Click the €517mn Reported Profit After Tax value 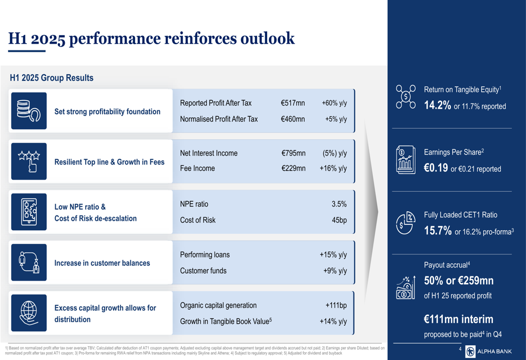[292, 103]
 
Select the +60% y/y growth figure [334, 103]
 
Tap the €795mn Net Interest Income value [293, 153]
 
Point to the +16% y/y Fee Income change [333, 169]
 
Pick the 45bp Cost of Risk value [339, 220]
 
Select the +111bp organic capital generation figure [336, 305]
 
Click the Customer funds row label [203, 271]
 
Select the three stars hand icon [29, 161]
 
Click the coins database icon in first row [29, 111]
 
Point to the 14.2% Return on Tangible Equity [438, 106]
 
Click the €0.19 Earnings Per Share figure [436, 168]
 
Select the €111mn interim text [458, 319]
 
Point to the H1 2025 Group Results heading [52, 78]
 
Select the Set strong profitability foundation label [107, 111]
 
